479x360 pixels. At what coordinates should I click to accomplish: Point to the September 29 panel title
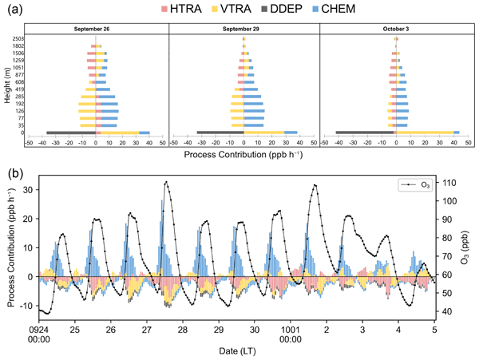tap(244, 29)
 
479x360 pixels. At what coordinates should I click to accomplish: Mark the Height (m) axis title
tap(6, 84)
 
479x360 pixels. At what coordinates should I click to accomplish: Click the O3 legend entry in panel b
tap(418, 185)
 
